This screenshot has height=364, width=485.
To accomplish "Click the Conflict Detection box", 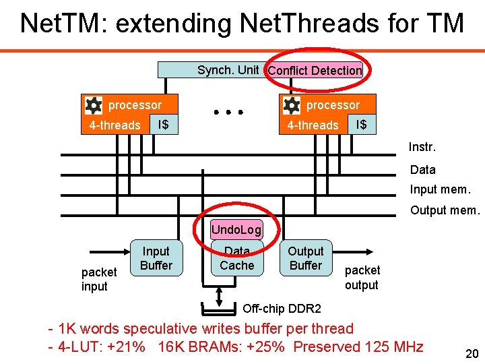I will tap(315, 70).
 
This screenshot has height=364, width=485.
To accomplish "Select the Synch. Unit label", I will tap(228, 69).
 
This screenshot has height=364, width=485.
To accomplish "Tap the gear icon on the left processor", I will tap(93, 105).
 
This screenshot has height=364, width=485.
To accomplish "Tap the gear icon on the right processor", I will tap(291, 105).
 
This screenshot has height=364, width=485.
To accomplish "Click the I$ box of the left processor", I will tap(162, 125).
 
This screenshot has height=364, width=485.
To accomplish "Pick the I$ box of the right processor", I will tap(361, 125).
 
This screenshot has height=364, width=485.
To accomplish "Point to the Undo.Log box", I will tap(236, 230).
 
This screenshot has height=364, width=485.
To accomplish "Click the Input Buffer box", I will tap(156, 258).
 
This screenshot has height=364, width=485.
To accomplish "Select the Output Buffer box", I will tap(306, 258).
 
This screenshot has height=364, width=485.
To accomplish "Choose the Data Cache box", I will tap(237, 259).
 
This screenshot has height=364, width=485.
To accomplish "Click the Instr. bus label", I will tap(422, 147).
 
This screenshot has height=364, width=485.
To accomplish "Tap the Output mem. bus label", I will tap(445, 210).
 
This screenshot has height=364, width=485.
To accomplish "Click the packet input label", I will tap(98, 279).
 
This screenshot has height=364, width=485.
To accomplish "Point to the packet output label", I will tap(362, 277).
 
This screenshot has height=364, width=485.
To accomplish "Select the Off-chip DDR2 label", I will tap(282, 309).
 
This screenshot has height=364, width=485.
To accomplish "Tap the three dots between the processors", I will tap(228, 112).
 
